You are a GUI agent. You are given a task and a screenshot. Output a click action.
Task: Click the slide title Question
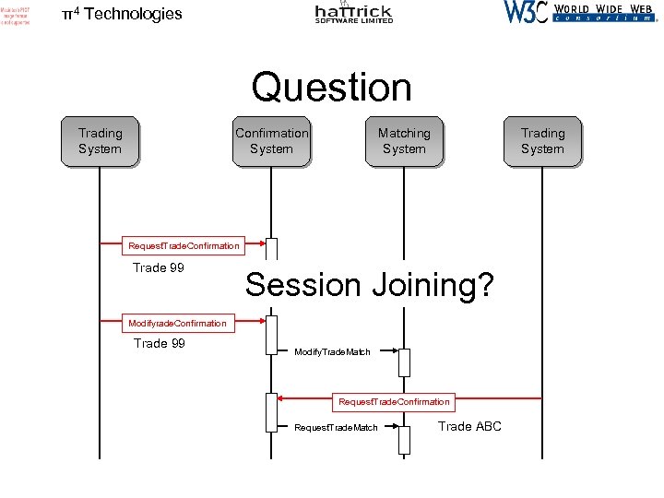332,88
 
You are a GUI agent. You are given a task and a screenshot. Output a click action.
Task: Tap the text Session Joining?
370,285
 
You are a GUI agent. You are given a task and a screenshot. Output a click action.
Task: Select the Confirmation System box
271,141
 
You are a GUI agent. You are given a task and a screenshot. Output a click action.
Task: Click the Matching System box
404,141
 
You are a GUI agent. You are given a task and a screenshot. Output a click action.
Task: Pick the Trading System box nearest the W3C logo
542,141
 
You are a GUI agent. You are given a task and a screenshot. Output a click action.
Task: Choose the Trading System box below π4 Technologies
100,141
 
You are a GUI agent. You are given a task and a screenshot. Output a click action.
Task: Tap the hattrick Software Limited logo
353,13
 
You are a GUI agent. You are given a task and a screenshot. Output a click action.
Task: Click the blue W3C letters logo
526,12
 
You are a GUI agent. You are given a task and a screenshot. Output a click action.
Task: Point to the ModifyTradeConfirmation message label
177,323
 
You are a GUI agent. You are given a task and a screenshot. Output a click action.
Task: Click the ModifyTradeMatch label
332,352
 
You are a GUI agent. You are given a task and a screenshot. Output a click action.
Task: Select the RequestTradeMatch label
336,428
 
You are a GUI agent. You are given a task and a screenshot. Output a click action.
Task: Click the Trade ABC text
469,426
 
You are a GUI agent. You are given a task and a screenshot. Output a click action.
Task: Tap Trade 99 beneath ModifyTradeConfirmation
159,343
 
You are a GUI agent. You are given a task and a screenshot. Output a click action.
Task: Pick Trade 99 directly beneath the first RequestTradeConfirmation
159,268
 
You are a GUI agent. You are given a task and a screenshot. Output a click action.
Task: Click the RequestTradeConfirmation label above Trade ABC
394,401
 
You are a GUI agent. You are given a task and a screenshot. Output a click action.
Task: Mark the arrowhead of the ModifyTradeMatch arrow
395,351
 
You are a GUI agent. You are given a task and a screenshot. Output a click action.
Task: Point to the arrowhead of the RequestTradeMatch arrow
395,427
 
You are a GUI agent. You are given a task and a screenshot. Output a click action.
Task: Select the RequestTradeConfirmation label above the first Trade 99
184,245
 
